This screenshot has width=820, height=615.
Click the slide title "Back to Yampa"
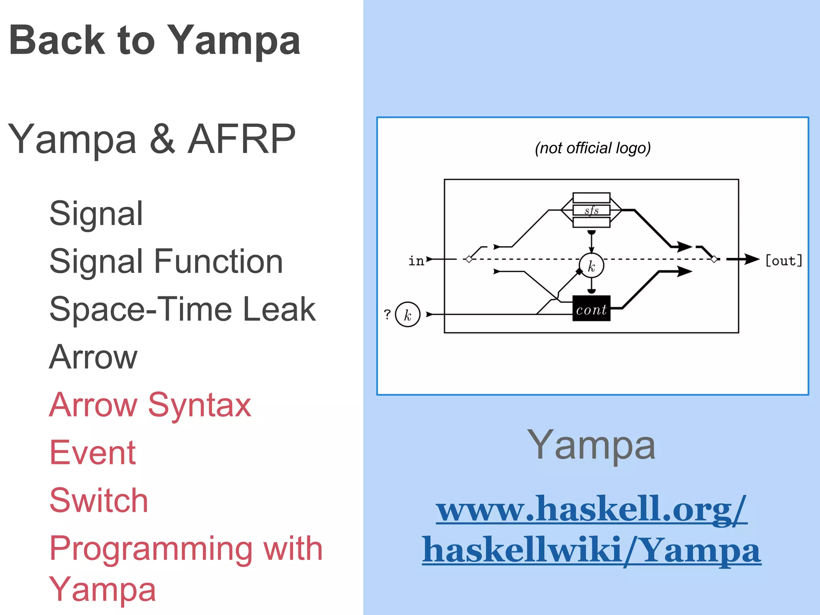click(155, 40)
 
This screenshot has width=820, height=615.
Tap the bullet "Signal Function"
click(166, 261)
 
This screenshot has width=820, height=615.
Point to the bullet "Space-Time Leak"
click(182, 309)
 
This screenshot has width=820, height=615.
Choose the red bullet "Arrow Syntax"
click(150, 405)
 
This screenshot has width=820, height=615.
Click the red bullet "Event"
click(92, 453)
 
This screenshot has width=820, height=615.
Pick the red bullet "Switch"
click(98, 501)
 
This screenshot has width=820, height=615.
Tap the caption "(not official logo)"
click(593, 148)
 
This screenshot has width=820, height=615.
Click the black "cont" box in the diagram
click(591, 309)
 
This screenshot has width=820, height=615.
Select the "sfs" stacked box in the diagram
click(591, 210)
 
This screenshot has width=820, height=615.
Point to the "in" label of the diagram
click(416, 261)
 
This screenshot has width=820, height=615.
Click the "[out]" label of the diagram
click(784, 261)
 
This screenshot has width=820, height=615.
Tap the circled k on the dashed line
click(591, 265)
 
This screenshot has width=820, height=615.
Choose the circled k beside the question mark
click(408, 315)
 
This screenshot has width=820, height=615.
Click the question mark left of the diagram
click(387, 314)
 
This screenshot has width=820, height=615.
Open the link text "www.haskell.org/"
click(591, 509)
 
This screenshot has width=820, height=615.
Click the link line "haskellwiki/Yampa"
click(591, 551)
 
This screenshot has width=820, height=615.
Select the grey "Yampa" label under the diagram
click(591, 445)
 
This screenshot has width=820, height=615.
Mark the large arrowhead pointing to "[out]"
click(751, 259)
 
